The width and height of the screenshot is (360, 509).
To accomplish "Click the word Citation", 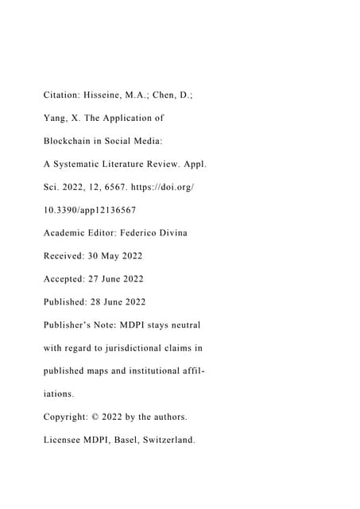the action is [x=63, y=95].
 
